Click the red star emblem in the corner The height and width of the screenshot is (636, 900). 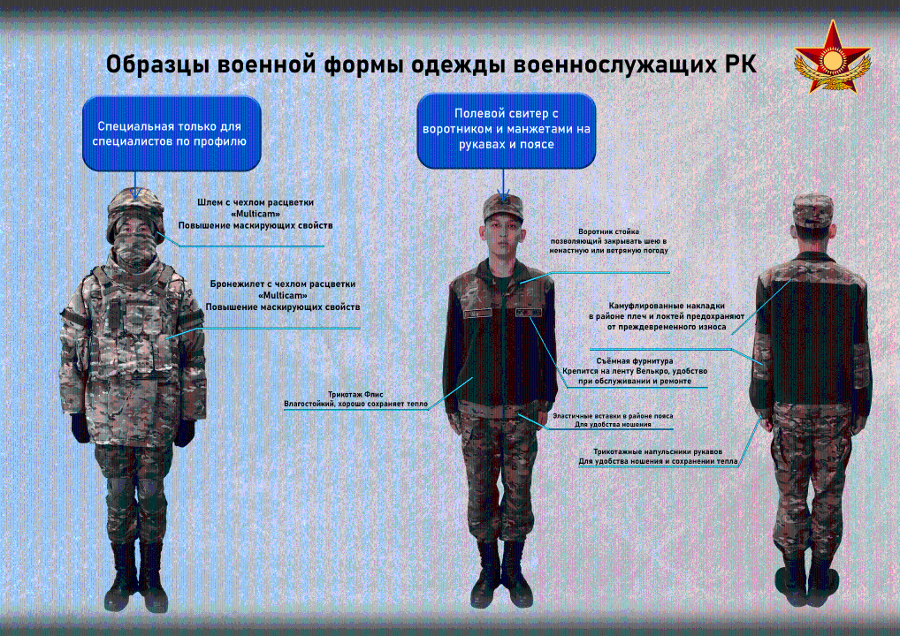point(832,57)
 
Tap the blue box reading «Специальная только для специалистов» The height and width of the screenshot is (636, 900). point(172,133)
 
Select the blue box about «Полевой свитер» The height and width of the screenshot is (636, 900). point(507,130)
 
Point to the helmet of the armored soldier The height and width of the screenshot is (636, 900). point(135,211)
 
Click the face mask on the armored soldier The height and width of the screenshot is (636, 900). point(135,248)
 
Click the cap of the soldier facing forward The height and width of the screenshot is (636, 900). point(503,207)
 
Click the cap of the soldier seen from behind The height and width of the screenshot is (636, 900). point(812,210)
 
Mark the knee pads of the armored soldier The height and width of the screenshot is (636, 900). point(136,488)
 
